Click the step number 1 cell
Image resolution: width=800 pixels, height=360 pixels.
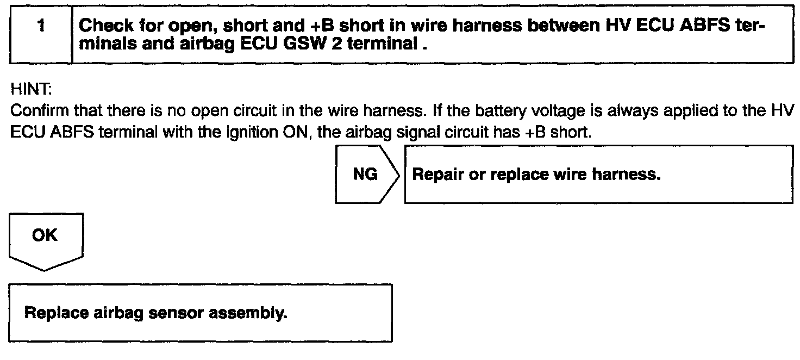[x=41, y=34]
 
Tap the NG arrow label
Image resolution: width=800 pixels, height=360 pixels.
[x=365, y=175]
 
